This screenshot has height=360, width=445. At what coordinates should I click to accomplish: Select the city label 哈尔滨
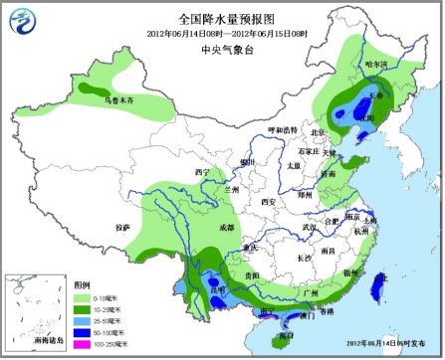(x=375, y=64)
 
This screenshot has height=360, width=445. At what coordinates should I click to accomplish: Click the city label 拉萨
(x=122, y=229)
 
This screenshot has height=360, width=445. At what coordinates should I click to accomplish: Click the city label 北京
(x=318, y=132)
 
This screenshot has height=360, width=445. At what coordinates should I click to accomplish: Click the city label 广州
(x=309, y=295)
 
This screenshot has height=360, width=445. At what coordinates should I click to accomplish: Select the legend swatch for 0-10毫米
(x=83, y=297)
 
